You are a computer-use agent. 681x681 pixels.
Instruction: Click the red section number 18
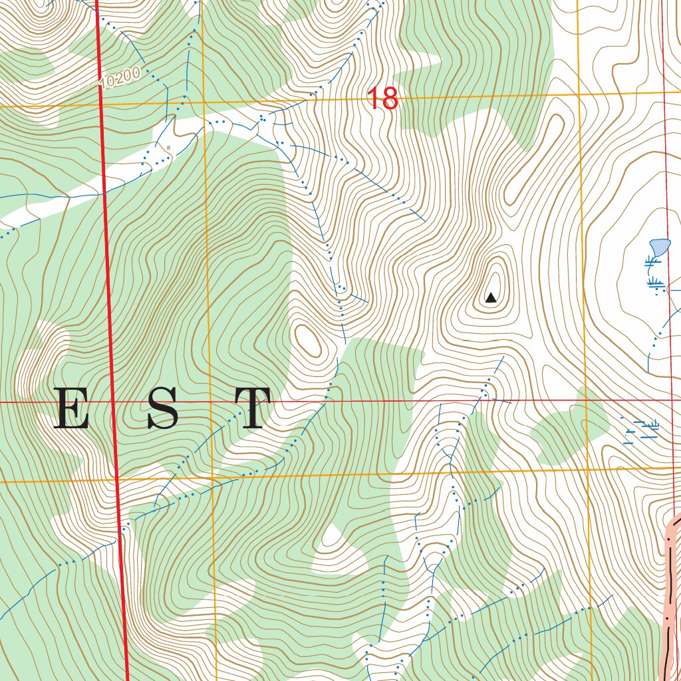coord(382,99)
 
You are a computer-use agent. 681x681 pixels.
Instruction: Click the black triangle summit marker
coord(491,298)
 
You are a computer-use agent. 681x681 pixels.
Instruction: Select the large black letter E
coord(71,408)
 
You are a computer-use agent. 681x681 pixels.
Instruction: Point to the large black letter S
coord(163,408)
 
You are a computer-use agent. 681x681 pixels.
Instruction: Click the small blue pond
coord(660,247)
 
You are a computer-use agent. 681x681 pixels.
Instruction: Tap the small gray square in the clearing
coord(169,147)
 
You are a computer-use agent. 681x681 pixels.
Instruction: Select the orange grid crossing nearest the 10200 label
coord(202,102)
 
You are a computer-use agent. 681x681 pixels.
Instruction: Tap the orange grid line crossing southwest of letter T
coord(211,477)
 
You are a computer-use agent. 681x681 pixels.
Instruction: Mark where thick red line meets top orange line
coord(101,104)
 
